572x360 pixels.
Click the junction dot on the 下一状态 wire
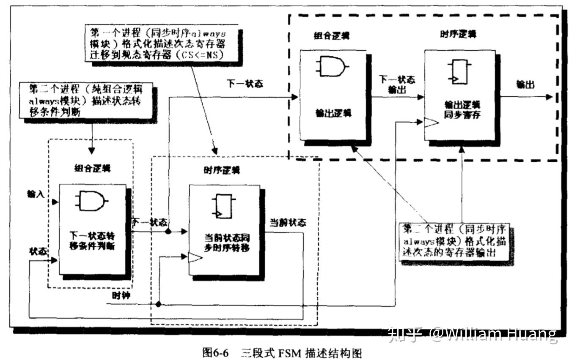tap(168, 231)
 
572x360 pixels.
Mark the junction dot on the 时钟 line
tap(158, 304)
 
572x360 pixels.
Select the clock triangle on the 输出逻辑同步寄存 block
tap(431, 123)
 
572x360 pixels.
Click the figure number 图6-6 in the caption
tap(215, 352)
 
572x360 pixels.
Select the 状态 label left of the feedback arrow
tap(38, 251)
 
